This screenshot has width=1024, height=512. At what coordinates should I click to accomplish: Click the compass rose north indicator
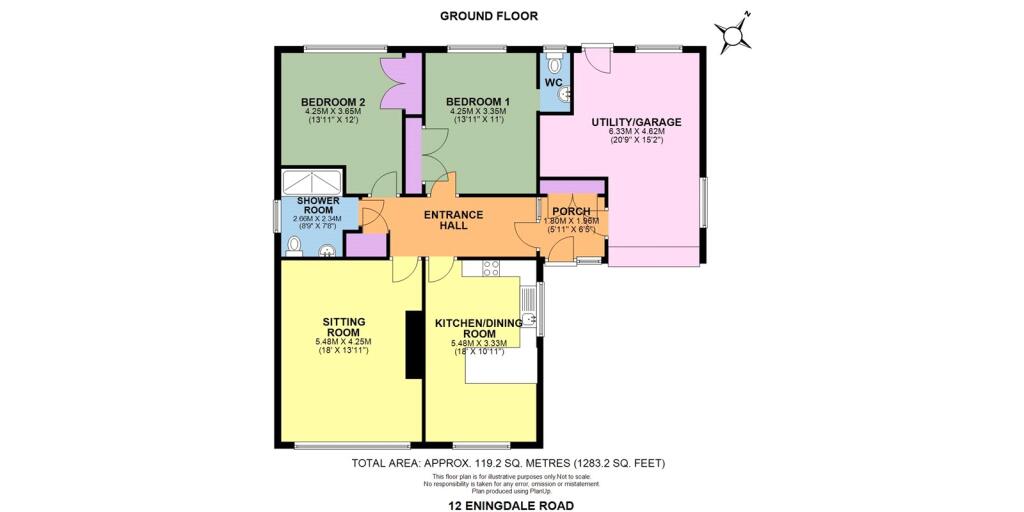tap(735, 36)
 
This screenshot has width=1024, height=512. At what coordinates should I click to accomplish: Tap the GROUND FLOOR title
tap(489, 15)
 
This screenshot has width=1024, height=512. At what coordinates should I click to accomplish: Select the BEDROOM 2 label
tap(333, 101)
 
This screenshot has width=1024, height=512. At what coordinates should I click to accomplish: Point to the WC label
tap(553, 82)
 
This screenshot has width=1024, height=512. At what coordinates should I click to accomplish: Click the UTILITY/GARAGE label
tap(636, 122)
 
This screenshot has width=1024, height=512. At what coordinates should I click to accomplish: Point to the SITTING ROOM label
tap(342, 326)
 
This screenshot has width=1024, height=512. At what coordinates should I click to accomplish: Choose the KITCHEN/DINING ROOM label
tap(478, 329)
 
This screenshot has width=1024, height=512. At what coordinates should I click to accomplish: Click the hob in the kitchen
tap(491, 267)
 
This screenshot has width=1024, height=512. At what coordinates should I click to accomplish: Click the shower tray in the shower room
tap(313, 181)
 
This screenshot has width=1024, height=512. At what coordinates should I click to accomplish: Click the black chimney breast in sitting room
tap(412, 345)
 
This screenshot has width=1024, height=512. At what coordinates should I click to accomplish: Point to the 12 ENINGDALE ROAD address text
tap(511, 505)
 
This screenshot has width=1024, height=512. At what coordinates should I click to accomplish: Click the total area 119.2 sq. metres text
tap(508, 463)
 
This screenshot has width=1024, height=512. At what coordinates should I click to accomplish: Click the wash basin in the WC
tap(566, 93)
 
